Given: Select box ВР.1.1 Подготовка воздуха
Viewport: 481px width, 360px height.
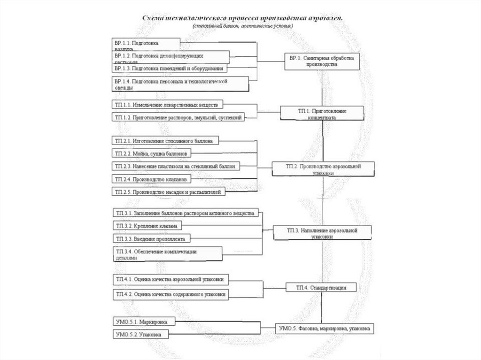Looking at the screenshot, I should coord(146,45).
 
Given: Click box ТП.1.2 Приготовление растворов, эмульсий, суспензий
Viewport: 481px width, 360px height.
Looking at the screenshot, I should coord(178,118).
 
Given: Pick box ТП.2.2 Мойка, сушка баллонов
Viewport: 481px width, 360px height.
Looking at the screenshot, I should coord(152,153).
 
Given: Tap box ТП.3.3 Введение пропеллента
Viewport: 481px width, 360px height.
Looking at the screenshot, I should coord(150,239).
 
